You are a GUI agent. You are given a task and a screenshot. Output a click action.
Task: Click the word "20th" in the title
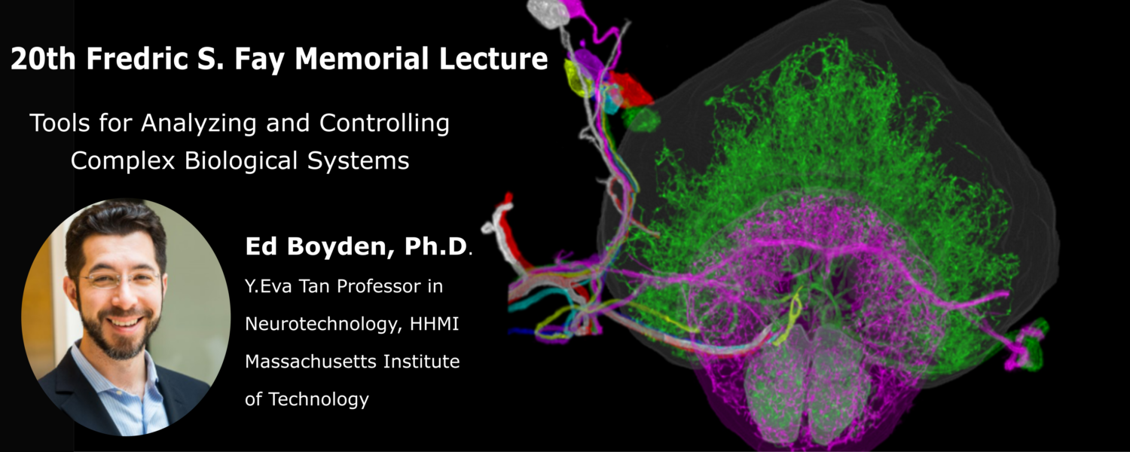tap(43, 59)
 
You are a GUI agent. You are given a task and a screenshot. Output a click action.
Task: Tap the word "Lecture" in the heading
tap(493, 59)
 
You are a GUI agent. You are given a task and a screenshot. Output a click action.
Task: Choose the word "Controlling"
tap(384, 123)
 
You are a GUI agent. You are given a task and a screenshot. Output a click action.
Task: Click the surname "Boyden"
tap(341, 247)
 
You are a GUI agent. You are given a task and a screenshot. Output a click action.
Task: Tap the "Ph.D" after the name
tap(435, 246)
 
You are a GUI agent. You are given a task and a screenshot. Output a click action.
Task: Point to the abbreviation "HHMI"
tap(435, 323)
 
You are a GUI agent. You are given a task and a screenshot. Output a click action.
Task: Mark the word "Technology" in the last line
tap(319, 400)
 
